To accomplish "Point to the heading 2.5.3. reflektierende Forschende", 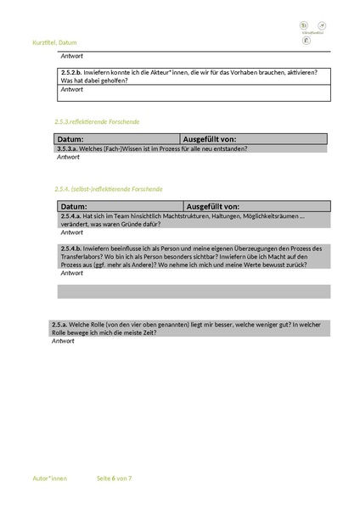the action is [97, 121].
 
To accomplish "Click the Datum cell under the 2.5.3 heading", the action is [116, 139].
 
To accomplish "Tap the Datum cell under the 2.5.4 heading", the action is [119, 206].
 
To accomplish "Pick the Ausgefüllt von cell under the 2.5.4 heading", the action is [256, 206].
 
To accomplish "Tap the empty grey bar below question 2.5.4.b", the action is [193, 291].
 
